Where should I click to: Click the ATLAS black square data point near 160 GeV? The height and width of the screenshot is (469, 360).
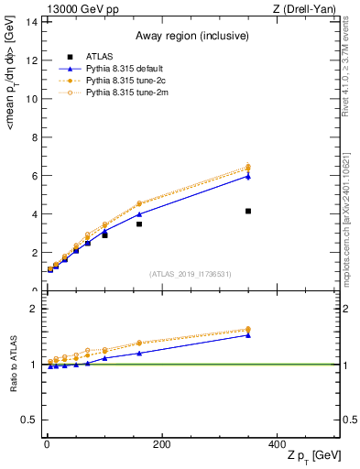(x=139, y=224)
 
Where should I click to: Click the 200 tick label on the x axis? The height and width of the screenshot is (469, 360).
(x=161, y=443)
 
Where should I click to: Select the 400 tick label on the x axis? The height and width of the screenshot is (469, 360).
(x=277, y=443)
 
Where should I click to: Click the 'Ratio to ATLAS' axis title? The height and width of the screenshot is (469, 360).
(x=14, y=364)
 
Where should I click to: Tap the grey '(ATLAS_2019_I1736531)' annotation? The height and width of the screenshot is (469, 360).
(x=191, y=274)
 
